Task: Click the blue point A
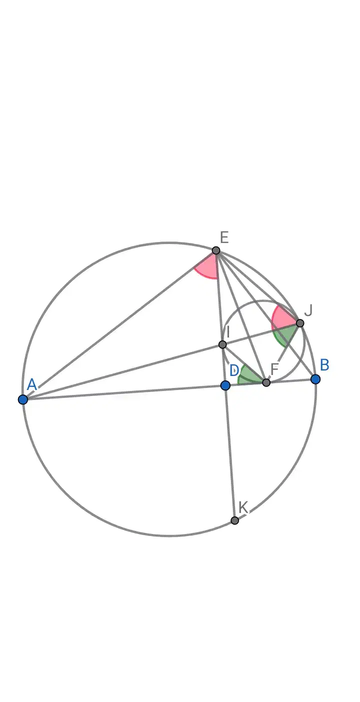point(23,399)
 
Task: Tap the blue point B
point(315,379)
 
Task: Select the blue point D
point(225,385)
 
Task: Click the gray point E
point(216,250)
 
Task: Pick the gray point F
point(266,382)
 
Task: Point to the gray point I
point(222,344)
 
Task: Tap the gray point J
point(300,323)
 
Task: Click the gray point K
point(235,520)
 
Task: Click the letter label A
point(32,384)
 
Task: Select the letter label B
point(324,365)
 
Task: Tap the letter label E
point(224,237)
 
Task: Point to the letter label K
point(243,507)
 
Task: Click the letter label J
point(308,310)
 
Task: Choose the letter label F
point(274,369)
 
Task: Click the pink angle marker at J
point(282,318)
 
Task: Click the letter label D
point(234,370)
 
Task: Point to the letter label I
point(227,331)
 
